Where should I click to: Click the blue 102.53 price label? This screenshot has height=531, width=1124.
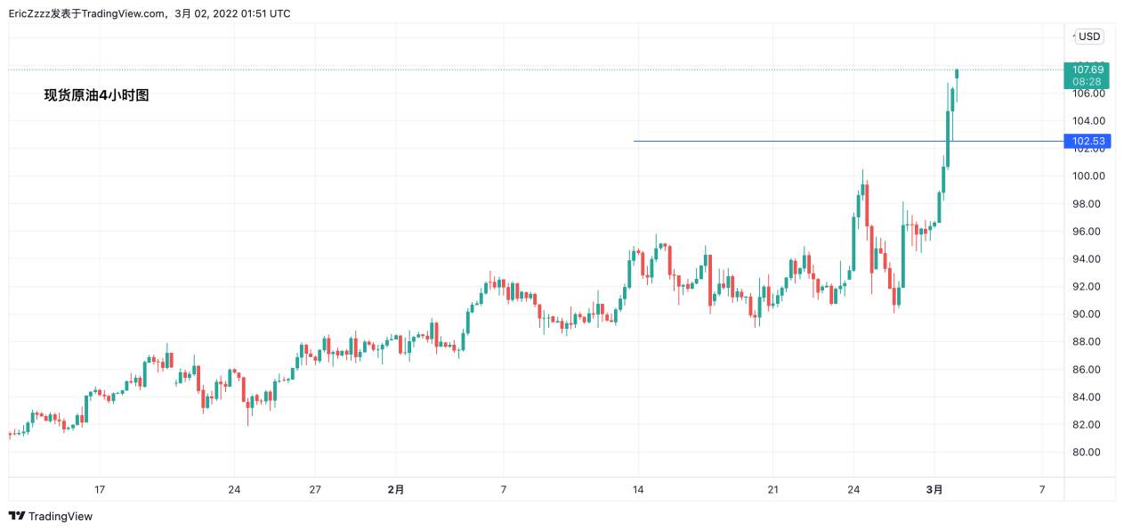tap(1088, 141)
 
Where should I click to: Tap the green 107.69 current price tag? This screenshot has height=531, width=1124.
tap(1088, 69)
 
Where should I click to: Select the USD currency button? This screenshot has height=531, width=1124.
tap(1089, 37)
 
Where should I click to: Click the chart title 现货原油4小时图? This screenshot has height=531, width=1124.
tap(97, 95)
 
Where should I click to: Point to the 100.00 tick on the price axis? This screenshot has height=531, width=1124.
tap(1088, 176)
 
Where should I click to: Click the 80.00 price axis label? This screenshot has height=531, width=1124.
tap(1088, 453)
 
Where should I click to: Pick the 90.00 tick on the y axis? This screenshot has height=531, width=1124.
tap(1088, 315)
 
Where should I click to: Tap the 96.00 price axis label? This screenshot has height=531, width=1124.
tap(1088, 232)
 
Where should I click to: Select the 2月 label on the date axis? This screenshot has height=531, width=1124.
tap(396, 489)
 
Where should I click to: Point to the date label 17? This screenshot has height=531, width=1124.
tap(100, 489)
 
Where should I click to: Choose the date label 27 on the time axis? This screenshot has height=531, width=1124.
tap(315, 489)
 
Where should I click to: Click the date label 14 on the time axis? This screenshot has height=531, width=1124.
tap(637, 489)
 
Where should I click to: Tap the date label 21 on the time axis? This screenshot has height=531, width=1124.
tap(772, 489)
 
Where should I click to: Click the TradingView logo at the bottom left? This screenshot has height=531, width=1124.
tap(50, 516)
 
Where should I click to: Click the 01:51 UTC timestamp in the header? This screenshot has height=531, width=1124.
tap(266, 13)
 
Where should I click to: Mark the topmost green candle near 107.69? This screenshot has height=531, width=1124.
tap(957, 72)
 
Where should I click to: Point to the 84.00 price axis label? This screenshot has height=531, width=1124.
tap(1088, 397)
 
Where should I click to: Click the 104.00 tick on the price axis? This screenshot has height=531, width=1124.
tap(1088, 121)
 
